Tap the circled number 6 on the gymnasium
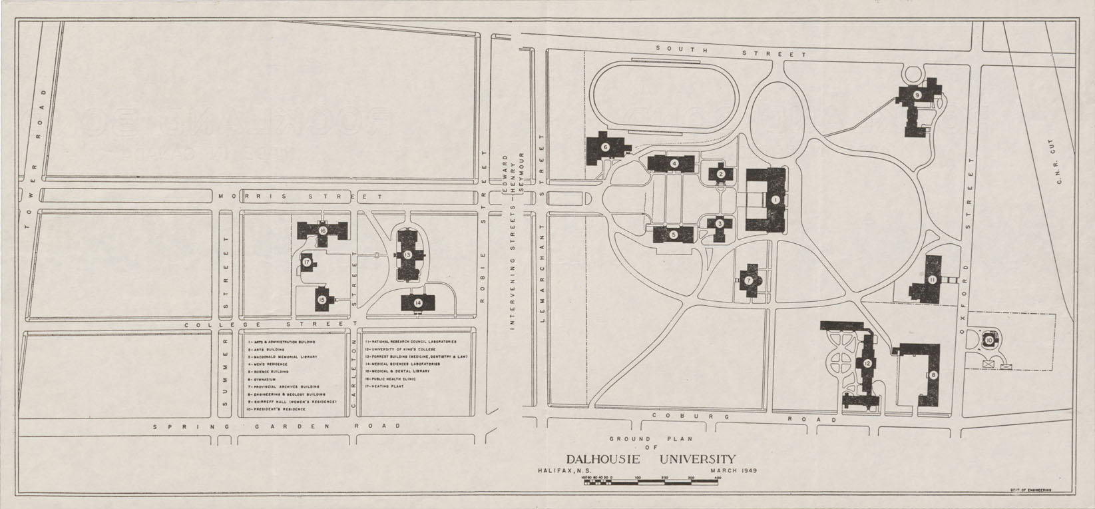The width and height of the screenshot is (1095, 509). pyautogui.click(x=605, y=147)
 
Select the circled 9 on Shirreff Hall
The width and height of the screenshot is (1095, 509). pyautogui.click(x=917, y=96)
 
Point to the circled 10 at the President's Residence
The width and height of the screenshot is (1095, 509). pyautogui.click(x=989, y=340)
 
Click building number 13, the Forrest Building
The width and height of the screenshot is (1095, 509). pyautogui.click(x=406, y=254)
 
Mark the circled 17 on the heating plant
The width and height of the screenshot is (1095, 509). pyautogui.click(x=307, y=262)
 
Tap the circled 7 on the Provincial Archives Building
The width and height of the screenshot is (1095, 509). pyautogui.click(x=749, y=280)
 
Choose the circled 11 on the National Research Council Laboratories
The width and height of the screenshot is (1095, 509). pyautogui.click(x=933, y=280)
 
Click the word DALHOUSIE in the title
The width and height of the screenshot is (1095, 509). pyautogui.click(x=603, y=459)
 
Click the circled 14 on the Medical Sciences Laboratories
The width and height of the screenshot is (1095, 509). pyautogui.click(x=418, y=302)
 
